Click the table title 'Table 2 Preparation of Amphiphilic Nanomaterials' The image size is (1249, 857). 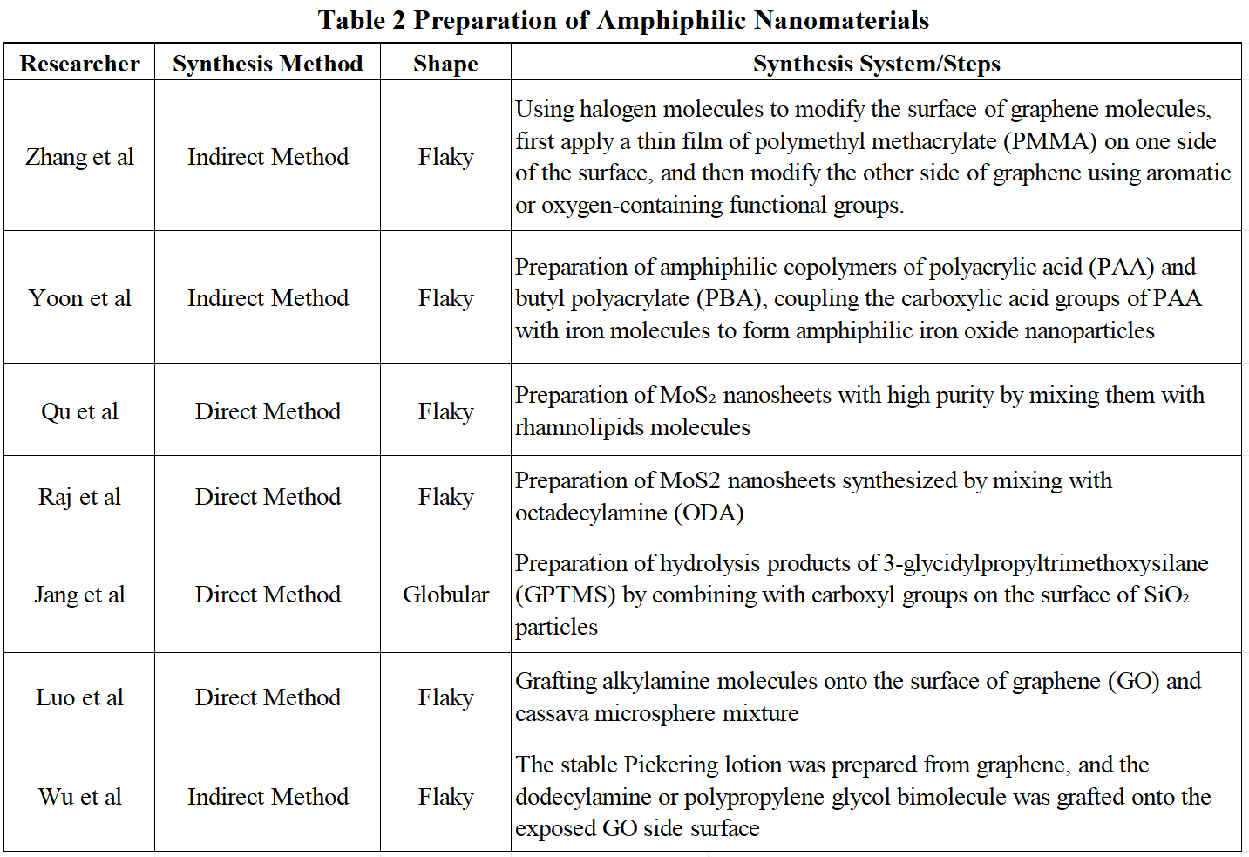[623, 20]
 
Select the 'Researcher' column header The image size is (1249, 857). [79, 64]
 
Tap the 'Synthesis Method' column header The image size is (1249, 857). [268, 64]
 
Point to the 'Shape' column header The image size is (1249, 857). [445, 64]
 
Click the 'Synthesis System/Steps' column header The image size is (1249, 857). [876, 64]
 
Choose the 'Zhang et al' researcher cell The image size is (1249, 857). [79, 157]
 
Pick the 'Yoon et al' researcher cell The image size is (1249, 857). [79, 298]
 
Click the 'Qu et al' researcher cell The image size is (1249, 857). [79, 411]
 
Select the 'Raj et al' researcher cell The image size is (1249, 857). [79, 497]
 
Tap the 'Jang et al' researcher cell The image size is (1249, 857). [79, 595]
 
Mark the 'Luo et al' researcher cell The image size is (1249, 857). [79, 697]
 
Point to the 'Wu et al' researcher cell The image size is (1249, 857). [79, 797]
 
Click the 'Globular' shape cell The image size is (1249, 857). [445, 595]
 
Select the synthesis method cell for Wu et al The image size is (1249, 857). [268, 797]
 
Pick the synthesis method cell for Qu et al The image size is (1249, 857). [268, 411]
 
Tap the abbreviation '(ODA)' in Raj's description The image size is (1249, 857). [709, 513]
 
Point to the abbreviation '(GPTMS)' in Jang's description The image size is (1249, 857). [566, 595]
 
